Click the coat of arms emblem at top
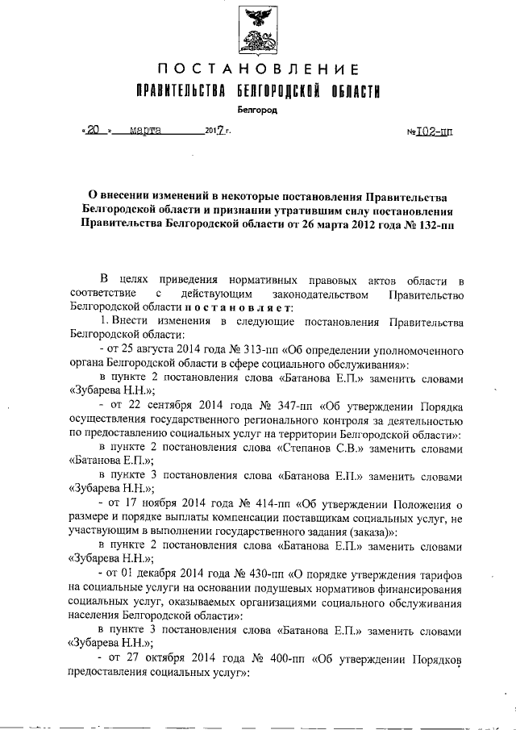pos(256,30)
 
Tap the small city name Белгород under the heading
pos(256,107)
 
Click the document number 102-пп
pos(435,130)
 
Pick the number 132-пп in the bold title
pos(426,225)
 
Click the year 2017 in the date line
pos(215,130)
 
